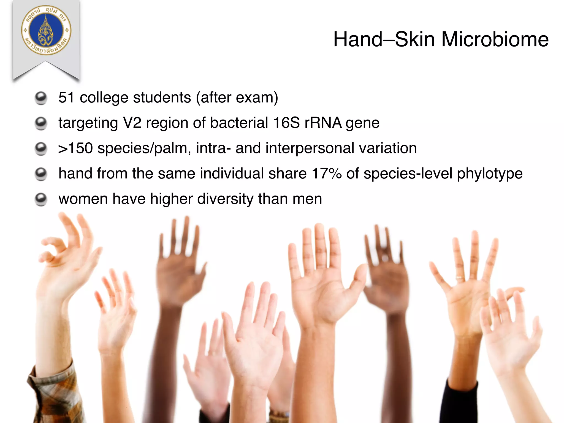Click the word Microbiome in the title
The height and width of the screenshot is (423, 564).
point(495,39)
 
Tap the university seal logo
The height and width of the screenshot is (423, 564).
point(46,30)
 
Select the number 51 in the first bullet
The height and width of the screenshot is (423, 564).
point(66,97)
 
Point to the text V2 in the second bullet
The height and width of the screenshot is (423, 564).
point(132,123)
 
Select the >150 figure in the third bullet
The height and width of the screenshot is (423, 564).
point(75,148)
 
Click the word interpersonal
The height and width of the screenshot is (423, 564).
point(310,148)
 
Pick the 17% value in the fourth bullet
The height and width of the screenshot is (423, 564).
point(327,173)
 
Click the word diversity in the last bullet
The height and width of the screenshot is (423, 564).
point(225,199)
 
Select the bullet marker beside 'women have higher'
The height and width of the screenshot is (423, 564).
point(41,199)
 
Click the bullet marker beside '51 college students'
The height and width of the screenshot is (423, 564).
point(41,98)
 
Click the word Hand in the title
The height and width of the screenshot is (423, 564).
point(358,39)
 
